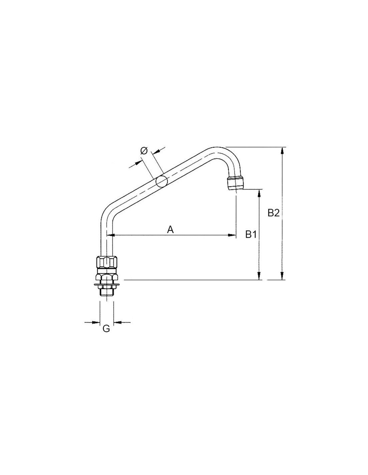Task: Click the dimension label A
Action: (x=170, y=230)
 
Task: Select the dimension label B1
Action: (x=251, y=235)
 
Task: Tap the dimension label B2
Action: (x=274, y=213)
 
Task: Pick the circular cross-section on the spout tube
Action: (x=162, y=181)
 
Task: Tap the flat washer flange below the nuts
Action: (x=106, y=285)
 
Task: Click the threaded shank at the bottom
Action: (x=106, y=291)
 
